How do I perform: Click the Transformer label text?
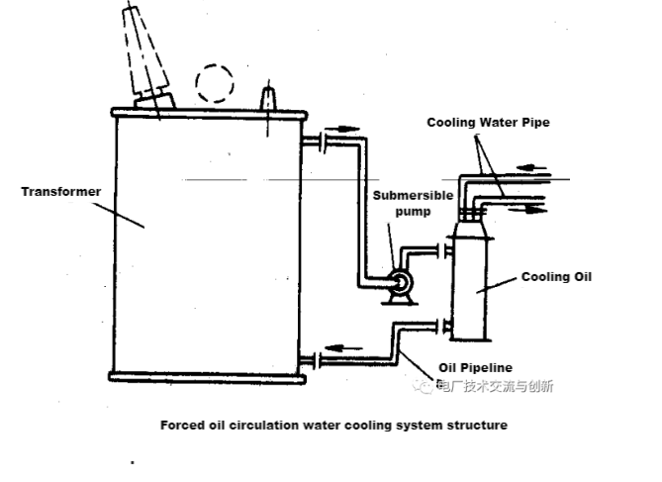pos(61,192)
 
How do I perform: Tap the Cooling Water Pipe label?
pos(488,123)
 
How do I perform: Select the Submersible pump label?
pos(415,202)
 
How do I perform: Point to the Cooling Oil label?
pos(556,277)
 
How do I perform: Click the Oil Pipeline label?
pos(475,367)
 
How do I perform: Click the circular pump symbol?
pos(400,284)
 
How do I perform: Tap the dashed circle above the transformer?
pos(216,84)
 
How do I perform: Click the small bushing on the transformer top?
pos(268,99)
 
